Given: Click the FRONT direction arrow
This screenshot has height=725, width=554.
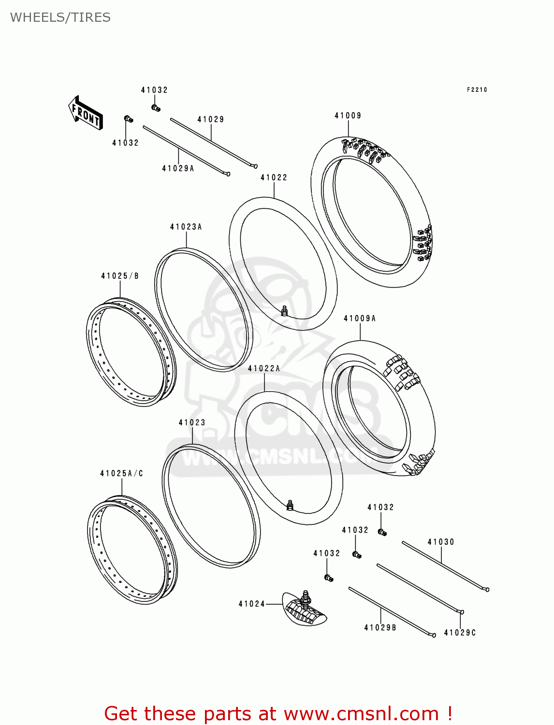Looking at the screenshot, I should (x=86, y=113).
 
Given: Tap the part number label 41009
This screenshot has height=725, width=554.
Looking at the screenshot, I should (x=348, y=116).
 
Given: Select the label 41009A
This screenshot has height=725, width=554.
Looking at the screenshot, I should (x=360, y=319).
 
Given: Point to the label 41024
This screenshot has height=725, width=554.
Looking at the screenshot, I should (x=252, y=604).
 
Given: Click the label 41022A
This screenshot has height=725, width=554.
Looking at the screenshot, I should (x=264, y=369).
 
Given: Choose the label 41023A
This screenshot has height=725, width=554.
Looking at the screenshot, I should (x=186, y=227).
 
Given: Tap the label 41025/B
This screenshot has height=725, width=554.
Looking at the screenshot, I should (x=120, y=276).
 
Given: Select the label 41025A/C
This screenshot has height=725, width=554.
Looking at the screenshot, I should (x=122, y=474).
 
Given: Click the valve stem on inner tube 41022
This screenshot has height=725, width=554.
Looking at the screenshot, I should (x=285, y=310).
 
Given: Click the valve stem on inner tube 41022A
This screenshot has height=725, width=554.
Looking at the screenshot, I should (x=290, y=505).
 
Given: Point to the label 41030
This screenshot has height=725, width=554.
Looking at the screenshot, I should (x=441, y=542).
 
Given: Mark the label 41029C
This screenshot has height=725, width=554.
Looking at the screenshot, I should (x=460, y=633).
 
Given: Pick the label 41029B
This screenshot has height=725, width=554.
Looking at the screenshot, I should (x=380, y=628).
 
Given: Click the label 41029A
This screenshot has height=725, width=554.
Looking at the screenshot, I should (x=178, y=169).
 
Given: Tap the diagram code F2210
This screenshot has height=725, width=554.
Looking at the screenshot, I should (x=477, y=90).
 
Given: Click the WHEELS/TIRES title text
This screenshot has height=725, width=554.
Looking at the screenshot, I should (x=60, y=17).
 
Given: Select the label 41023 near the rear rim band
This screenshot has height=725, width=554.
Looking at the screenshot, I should (x=192, y=423).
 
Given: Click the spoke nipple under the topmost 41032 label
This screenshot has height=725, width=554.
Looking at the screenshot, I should (x=156, y=108).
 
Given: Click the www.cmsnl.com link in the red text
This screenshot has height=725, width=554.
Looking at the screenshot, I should (x=361, y=714).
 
